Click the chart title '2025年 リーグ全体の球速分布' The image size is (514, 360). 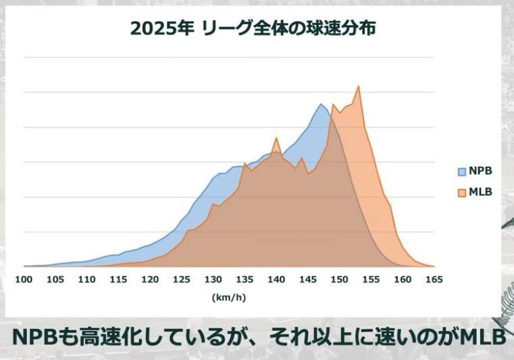[x=253, y=29]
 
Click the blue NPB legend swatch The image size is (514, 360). [x=462, y=171]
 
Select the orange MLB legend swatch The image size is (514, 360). [x=462, y=192]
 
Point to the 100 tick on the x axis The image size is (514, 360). [x=24, y=280]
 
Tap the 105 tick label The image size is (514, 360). [x=55, y=280]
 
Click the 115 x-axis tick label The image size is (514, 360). [x=118, y=280]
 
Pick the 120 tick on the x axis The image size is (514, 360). [x=150, y=280]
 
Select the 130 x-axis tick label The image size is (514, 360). [x=213, y=280]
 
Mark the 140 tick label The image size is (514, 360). [x=276, y=280]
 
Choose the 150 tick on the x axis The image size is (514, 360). [x=339, y=280]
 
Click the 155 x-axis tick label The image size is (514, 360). [x=371, y=280]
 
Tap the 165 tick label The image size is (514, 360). [x=434, y=280]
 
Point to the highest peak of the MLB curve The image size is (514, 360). [x=358, y=86]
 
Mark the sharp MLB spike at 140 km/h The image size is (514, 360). [x=276, y=138]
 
